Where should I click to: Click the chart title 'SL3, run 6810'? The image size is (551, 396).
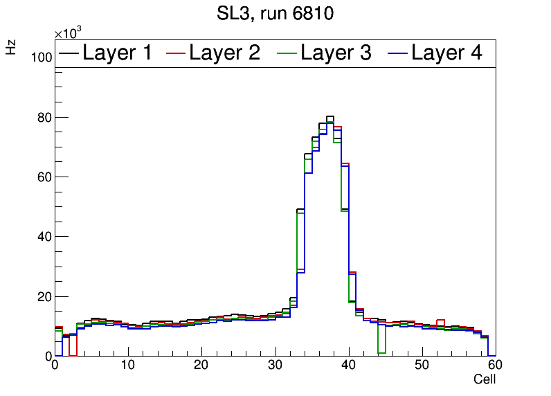(x=275, y=14)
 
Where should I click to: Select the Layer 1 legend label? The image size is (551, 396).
(x=117, y=53)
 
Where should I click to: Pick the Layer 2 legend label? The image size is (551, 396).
(x=224, y=53)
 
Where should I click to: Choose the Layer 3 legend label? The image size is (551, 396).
(x=336, y=53)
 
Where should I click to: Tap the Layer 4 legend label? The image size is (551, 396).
(x=446, y=53)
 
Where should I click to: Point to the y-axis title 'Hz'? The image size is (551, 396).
(x=11, y=47)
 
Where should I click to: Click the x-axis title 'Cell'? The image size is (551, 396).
(x=485, y=379)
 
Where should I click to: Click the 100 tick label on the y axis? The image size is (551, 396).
(x=42, y=57)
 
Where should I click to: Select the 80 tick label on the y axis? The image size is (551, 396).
(x=44, y=117)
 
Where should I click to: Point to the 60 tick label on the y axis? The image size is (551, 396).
(x=44, y=177)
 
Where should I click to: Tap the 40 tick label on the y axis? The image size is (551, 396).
(x=44, y=236)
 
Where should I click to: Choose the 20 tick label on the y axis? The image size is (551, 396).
(x=44, y=296)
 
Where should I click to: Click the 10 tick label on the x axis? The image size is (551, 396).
(x=128, y=366)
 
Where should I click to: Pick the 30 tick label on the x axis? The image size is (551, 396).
(x=275, y=366)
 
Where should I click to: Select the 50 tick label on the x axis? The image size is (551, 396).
(x=422, y=366)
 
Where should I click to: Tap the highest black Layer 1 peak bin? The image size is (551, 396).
(x=330, y=117)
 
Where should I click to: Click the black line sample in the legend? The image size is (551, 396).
(x=69, y=53)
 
